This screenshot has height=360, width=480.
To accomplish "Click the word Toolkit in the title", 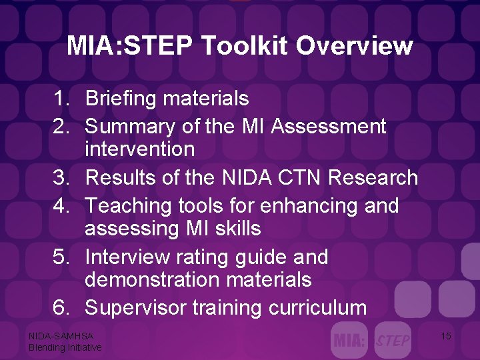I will tap(244, 46).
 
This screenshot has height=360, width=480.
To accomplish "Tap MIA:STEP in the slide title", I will tap(129, 46).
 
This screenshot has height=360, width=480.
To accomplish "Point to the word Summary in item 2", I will tap(129, 125).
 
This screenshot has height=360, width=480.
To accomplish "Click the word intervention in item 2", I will tap(139, 149).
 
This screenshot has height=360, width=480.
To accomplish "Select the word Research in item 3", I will tap(377, 178).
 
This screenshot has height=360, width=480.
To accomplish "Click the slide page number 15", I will tap(446, 337).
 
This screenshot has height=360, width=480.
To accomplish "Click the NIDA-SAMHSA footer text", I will tap(61, 337).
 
